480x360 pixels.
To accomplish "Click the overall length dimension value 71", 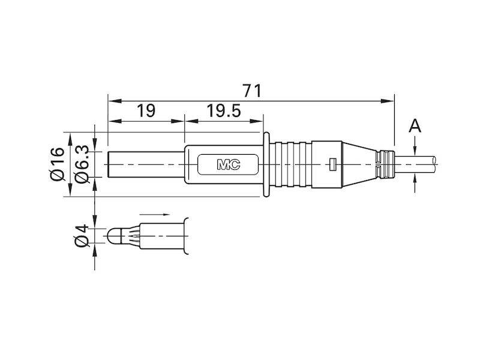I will click(253, 90).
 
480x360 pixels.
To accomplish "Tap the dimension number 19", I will click(145, 110).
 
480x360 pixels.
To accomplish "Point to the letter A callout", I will click(415, 127).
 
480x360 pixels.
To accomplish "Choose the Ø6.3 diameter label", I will click(83, 163).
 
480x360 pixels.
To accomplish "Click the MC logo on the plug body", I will click(228, 164).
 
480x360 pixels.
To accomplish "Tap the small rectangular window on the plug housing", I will click(332, 164).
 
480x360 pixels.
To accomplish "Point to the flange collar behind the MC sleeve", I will click(268, 163).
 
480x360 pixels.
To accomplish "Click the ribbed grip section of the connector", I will click(294, 163).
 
